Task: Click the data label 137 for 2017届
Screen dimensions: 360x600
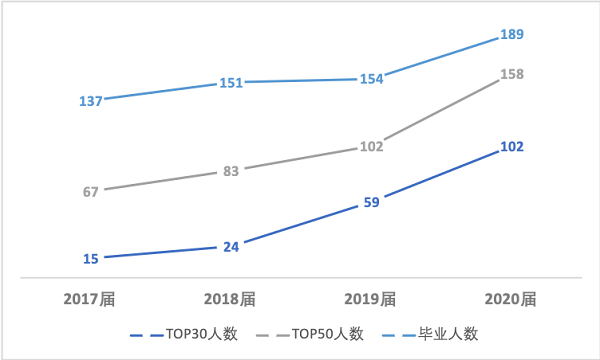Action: tap(90, 100)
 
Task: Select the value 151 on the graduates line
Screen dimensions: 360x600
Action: tap(231, 83)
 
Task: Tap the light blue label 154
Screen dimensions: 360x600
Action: tap(371, 79)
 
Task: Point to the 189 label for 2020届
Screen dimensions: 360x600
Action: tap(511, 35)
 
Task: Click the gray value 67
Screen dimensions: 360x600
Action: tap(90, 191)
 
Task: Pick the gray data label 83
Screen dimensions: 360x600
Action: tap(231, 171)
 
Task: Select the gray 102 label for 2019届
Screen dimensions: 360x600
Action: tap(371, 147)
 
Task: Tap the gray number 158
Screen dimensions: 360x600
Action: tap(511, 74)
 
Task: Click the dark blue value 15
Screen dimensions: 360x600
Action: tap(90, 259)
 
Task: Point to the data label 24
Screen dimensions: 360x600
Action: tap(231, 246)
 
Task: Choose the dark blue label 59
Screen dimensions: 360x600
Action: tap(371, 202)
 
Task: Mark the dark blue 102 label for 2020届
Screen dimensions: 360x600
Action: tap(511, 147)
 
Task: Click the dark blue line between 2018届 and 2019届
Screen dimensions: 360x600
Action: tap(301, 226)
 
